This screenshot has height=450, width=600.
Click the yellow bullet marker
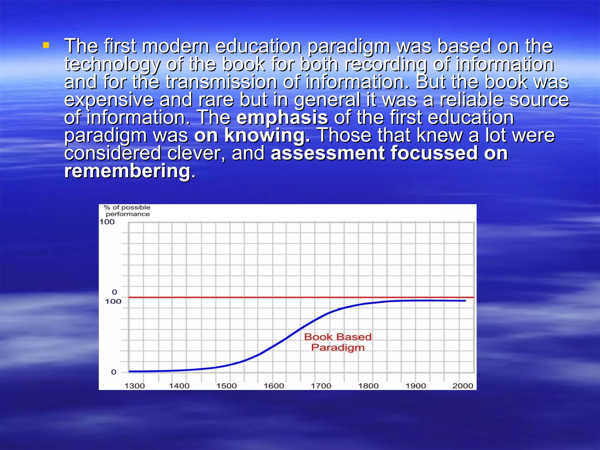pos(46,45)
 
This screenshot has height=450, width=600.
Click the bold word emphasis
pos(282,118)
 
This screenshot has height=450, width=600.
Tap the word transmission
pos(221,82)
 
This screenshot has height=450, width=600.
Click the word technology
pos(112,64)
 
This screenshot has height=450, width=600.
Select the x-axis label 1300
pos(134,386)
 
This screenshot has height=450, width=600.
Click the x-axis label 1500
pos(226,386)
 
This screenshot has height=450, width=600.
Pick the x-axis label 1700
pos(321,386)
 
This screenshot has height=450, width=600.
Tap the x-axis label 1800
pos(368,386)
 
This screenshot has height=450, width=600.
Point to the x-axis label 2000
pos(463,386)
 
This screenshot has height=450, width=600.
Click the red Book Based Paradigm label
pos(338,342)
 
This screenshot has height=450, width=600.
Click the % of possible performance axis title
pos(127,211)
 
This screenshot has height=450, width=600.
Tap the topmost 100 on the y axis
pos(107,222)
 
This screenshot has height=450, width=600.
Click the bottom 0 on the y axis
pos(114,372)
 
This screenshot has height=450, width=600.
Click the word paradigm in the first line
pos(349,47)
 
